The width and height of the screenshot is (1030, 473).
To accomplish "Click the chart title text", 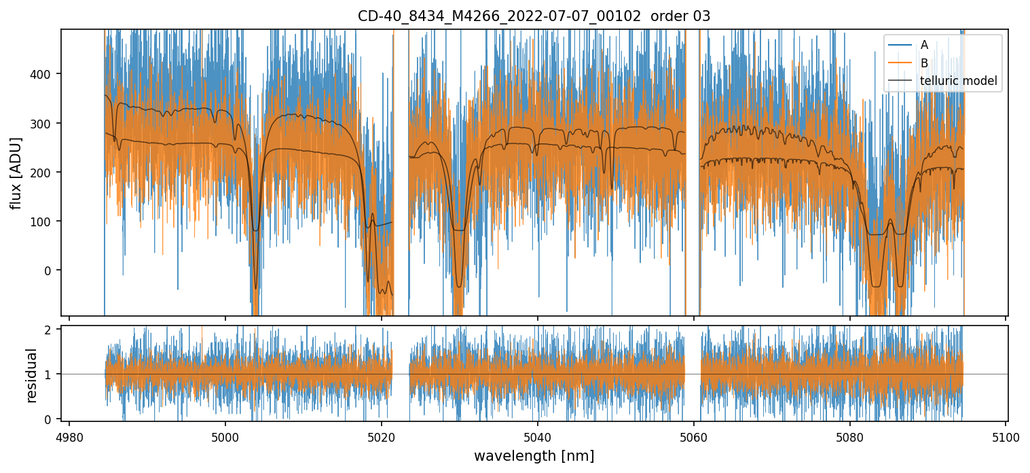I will pyautogui.click(x=534, y=16).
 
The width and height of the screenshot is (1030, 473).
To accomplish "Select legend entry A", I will pyautogui.click(x=924, y=46).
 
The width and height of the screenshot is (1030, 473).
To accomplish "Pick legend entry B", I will pyautogui.click(x=924, y=63).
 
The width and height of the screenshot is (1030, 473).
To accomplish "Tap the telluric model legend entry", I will pyautogui.click(x=958, y=81).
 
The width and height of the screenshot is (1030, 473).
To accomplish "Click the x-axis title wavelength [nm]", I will pyautogui.click(x=534, y=456).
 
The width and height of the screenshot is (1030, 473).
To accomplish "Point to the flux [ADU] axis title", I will pyautogui.click(x=16, y=173).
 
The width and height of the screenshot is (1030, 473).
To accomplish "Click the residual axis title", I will pyautogui.click(x=31, y=375).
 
